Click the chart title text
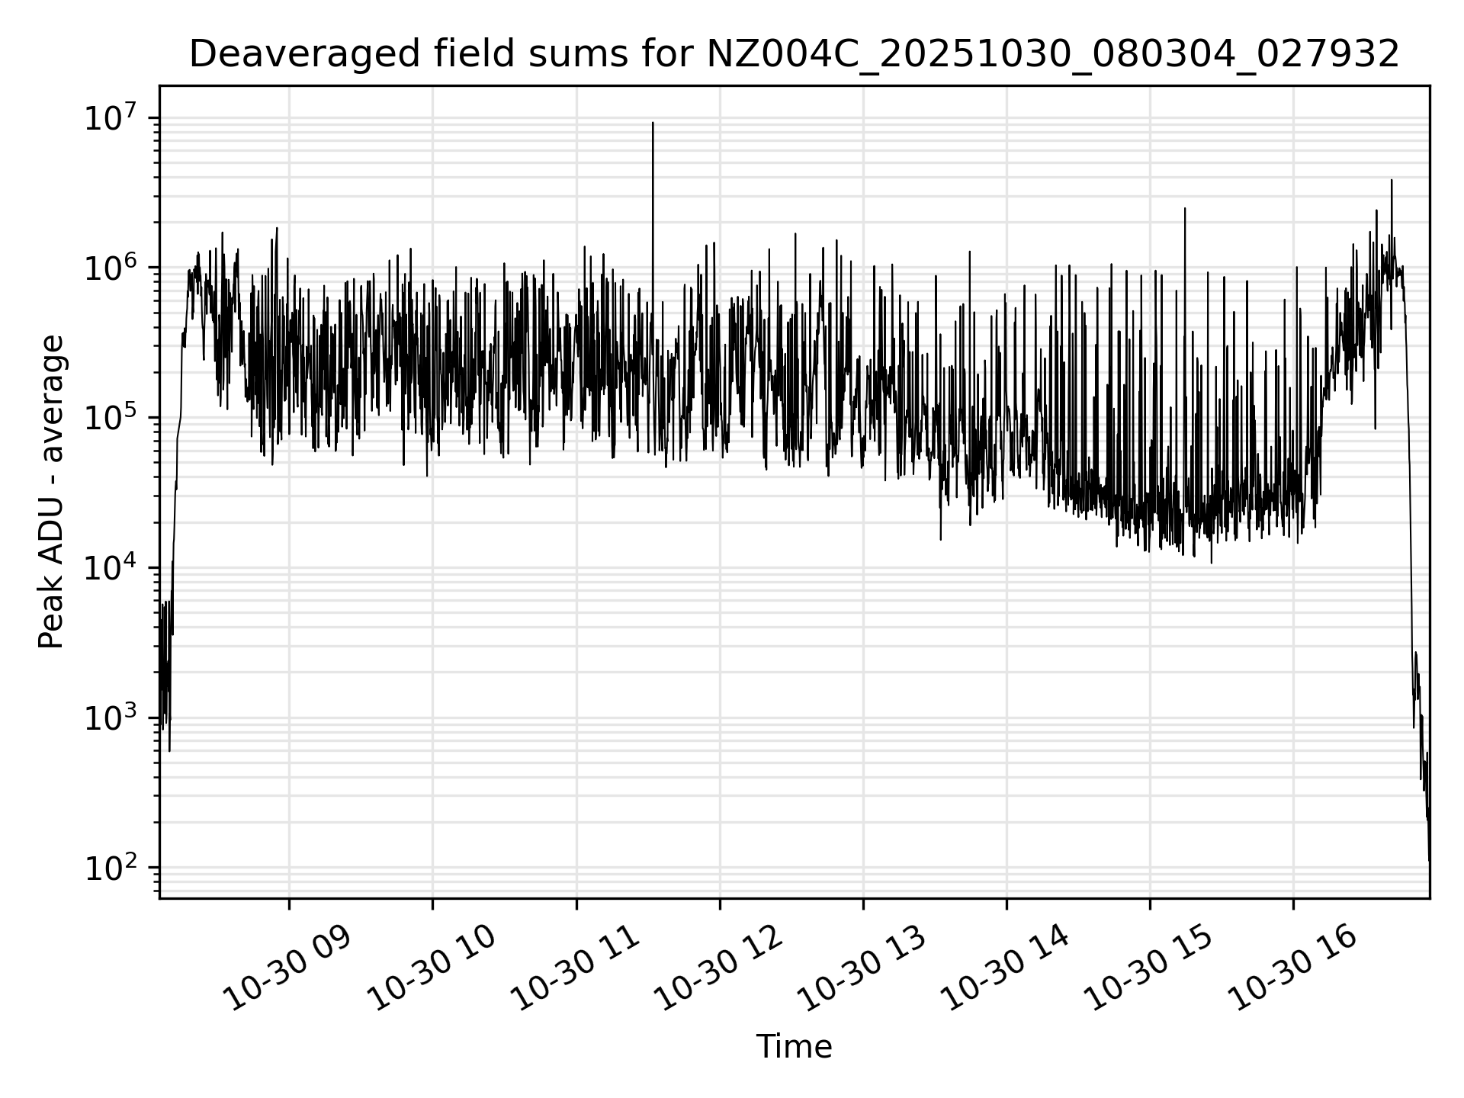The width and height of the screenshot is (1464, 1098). (x=794, y=55)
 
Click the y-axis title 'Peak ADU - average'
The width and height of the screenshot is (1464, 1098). (x=51, y=492)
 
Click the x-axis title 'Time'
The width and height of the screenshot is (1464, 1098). (x=794, y=1047)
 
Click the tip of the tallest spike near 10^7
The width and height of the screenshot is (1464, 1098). (x=653, y=123)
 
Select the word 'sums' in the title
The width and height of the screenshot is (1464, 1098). (x=551, y=55)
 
